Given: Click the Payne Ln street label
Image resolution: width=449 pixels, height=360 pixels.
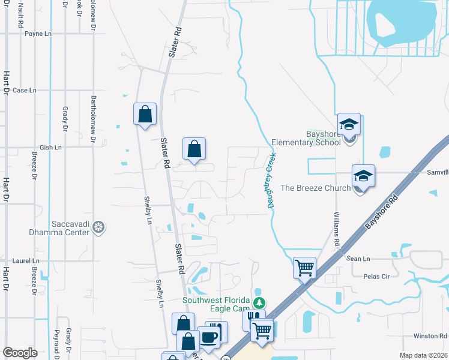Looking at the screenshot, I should (x=38, y=34).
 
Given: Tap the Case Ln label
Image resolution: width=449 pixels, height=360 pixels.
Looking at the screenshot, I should (x=25, y=91).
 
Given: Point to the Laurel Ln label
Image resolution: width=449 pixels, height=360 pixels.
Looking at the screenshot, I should (x=26, y=261).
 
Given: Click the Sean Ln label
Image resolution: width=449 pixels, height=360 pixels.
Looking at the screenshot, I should (x=358, y=259).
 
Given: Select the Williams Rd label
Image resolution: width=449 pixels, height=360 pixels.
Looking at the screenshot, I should (x=337, y=228).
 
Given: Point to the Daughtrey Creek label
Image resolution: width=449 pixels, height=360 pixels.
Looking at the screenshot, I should (x=271, y=181).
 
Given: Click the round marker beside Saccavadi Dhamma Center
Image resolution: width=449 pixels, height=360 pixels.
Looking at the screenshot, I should (x=99, y=227).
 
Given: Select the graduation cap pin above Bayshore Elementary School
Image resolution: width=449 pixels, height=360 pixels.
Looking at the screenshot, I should (x=349, y=125).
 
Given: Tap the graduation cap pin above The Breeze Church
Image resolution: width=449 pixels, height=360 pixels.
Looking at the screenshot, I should (x=363, y=176).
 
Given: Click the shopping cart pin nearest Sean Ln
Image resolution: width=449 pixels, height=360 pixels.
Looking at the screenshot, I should (x=305, y=268).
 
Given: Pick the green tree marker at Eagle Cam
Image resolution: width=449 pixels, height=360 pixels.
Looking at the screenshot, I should (x=259, y=302).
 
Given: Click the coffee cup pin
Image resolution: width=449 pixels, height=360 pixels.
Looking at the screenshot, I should (x=208, y=337).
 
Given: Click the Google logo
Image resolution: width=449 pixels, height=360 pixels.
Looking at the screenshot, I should (x=20, y=353).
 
